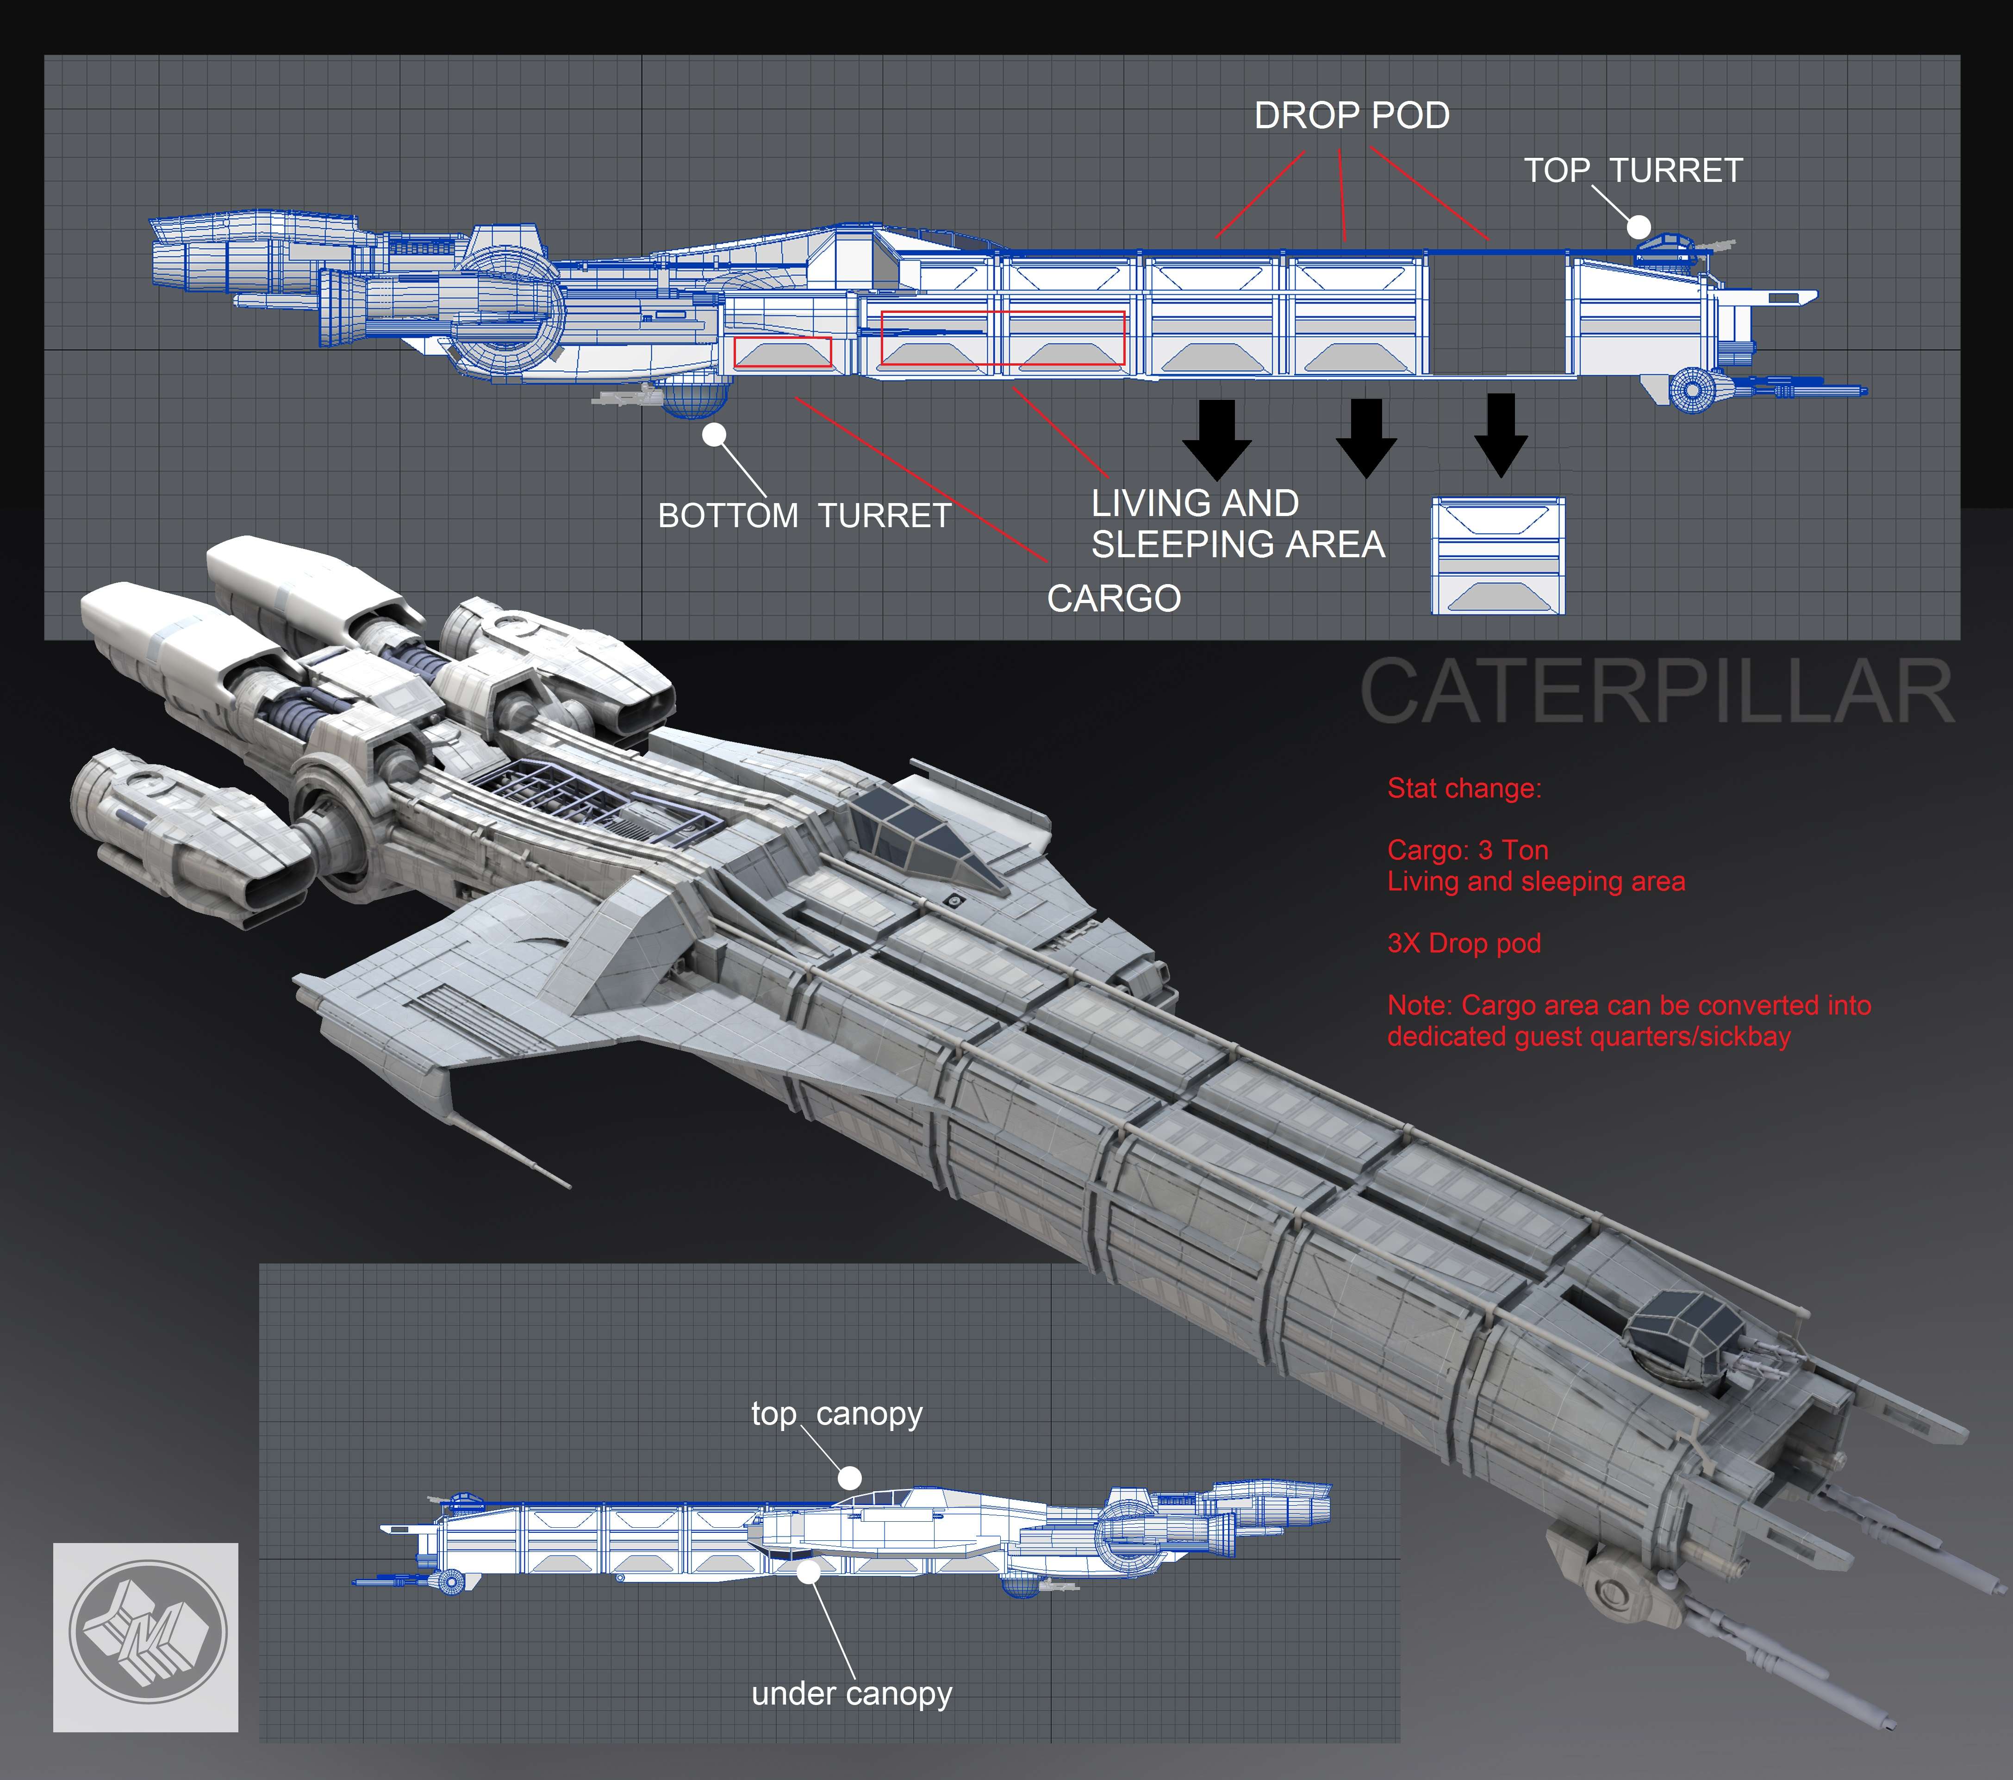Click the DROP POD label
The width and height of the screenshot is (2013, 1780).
1351,116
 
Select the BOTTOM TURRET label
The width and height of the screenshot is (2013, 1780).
804,516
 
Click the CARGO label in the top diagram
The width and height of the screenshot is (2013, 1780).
1114,598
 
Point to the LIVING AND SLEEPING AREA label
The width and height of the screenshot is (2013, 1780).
1237,524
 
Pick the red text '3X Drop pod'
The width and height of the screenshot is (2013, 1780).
1464,943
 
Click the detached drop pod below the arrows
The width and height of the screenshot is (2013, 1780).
1497,556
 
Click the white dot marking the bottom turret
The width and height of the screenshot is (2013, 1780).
714,434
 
